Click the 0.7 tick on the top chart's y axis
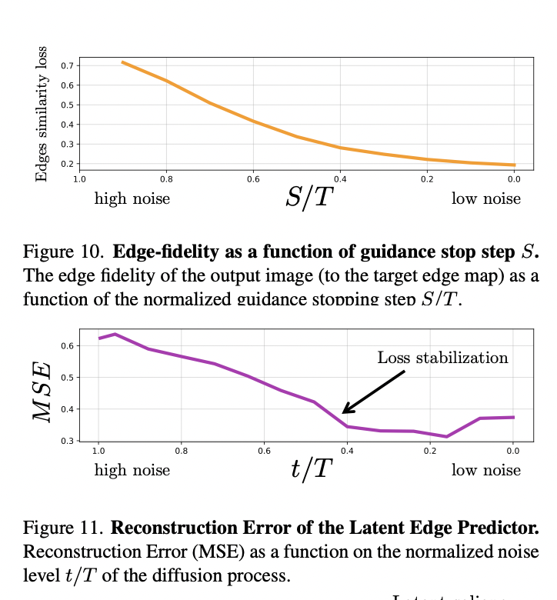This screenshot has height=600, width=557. tap(67, 65)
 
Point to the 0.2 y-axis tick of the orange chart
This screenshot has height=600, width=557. tap(67, 164)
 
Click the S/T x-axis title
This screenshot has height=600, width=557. tap(309, 198)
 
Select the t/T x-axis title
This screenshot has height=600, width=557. tap(311, 468)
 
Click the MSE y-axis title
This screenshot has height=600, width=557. tap(44, 391)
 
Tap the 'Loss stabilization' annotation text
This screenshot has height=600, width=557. tap(442, 358)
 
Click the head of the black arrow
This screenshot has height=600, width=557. tap(345, 412)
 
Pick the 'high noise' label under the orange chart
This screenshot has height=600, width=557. tap(132, 199)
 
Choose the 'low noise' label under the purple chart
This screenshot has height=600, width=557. tap(485, 470)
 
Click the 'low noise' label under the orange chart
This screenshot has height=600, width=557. tap(485, 199)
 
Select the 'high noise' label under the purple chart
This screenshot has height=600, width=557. tap(132, 470)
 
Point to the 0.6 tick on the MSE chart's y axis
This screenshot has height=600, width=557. tap(67, 345)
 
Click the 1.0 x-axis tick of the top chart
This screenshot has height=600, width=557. tap(79, 179)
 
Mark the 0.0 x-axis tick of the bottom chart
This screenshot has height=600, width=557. tap(512, 450)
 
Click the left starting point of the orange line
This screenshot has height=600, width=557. tap(122, 62)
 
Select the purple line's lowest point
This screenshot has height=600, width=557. tap(446, 436)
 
